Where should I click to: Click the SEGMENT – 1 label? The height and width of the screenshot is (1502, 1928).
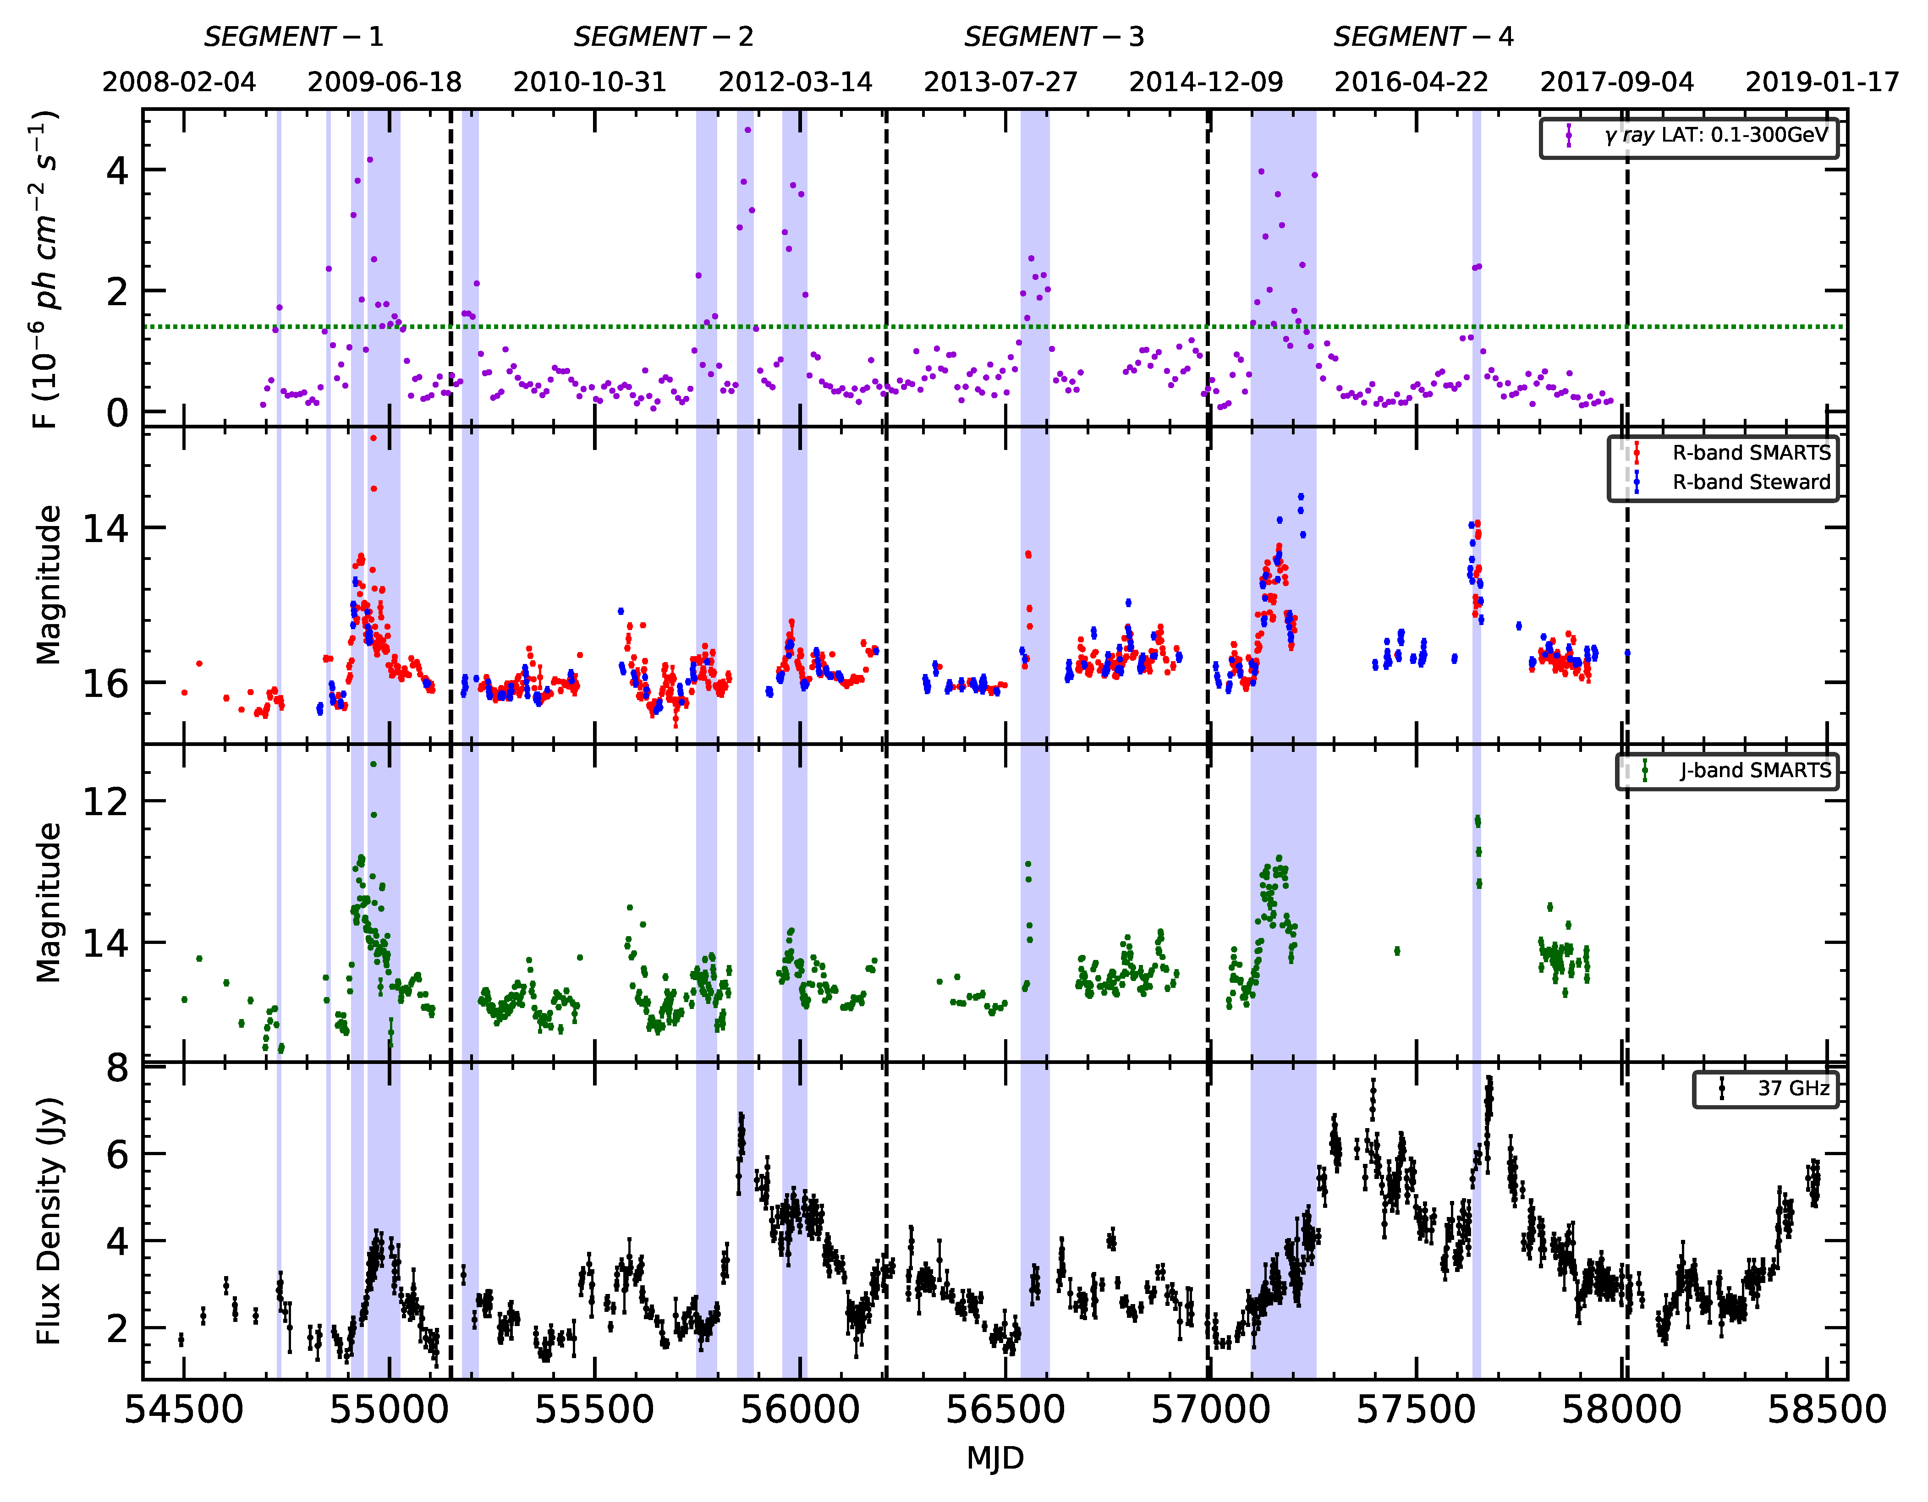pyautogui.click(x=294, y=37)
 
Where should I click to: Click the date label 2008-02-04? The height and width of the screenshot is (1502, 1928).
pyautogui.click(x=179, y=82)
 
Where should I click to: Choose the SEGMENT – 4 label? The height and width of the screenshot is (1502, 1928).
pyautogui.click(x=1423, y=37)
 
